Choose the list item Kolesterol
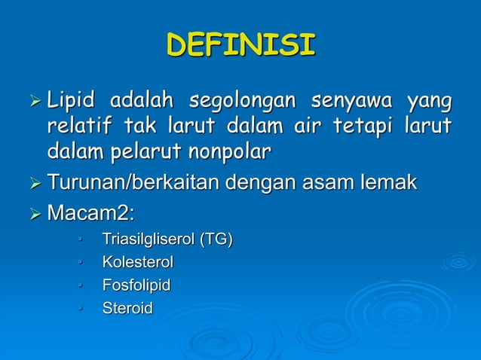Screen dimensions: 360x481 (x=138, y=263)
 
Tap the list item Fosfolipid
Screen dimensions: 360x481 (x=136, y=285)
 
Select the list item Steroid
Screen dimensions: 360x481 (x=127, y=308)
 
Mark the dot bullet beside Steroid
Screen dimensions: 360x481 (x=78, y=309)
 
